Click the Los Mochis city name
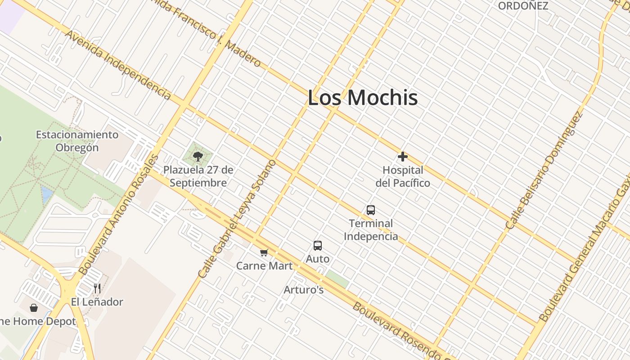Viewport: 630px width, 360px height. [363, 98]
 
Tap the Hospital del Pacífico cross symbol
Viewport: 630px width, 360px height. [403, 157]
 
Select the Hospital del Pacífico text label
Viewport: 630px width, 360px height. [403, 177]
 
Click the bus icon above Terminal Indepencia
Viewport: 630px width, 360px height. [371, 210]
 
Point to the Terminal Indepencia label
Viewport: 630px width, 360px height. [371, 229]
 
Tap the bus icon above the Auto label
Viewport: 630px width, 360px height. [318, 246]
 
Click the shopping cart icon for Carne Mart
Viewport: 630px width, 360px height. [264, 253]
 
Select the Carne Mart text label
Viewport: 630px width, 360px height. [265, 265]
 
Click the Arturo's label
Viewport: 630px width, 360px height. [304, 290]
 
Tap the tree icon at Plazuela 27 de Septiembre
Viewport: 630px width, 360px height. [198, 157]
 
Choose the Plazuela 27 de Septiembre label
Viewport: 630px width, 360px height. [198, 176]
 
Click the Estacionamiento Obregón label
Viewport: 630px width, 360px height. [77, 141]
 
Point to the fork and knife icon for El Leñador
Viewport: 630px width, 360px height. [97, 288]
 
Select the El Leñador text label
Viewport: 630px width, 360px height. [97, 301]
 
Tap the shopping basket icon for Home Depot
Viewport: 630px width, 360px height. [34, 308]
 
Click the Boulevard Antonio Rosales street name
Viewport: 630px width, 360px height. [119, 215]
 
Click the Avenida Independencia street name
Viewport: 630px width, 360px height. [118, 65]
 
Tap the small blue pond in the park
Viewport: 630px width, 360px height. [47, 194]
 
